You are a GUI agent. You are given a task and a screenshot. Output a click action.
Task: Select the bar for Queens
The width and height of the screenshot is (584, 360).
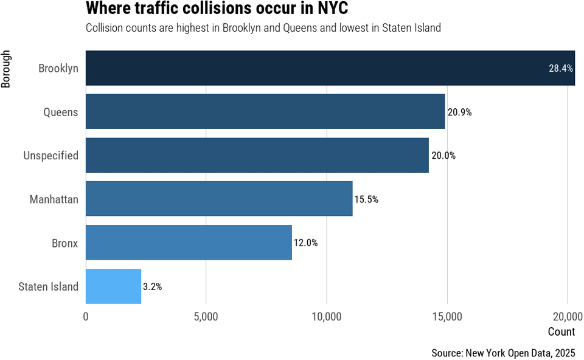click(x=265, y=112)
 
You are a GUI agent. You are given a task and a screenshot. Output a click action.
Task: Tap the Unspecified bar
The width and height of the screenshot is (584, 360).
click(x=257, y=155)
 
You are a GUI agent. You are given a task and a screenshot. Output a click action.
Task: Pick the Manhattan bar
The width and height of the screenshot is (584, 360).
click(x=219, y=199)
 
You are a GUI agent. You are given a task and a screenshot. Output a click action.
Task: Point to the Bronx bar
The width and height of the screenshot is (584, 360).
click(x=189, y=243)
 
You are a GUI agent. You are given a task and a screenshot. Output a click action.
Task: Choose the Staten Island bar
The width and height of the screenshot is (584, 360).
click(x=113, y=286)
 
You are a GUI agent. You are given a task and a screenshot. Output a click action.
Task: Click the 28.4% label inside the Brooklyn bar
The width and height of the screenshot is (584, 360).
click(x=561, y=69)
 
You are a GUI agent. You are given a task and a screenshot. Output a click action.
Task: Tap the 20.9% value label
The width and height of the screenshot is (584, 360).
click(x=460, y=112)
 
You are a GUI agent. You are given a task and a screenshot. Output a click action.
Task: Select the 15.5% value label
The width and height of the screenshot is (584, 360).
click(x=366, y=199)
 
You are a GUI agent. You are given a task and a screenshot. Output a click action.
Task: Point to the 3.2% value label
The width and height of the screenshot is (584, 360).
click(x=152, y=287)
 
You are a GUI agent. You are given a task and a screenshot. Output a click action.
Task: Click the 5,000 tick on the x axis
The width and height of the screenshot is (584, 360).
click(x=206, y=317)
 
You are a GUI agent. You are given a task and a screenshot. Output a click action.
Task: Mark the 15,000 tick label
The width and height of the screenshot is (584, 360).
click(x=447, y=317)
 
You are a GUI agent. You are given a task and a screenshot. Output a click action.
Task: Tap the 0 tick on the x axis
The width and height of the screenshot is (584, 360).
click(x=86, y=317)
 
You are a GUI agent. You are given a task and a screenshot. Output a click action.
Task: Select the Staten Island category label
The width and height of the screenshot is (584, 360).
click(x=49, y=286)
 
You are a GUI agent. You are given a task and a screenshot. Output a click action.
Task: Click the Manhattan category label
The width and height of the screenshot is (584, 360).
click(x=54, y=199)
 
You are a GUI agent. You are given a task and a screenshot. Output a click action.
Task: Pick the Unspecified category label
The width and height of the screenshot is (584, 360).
click(x=51, y=156)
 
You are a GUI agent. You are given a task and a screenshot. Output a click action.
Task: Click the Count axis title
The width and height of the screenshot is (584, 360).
click(x=561, y=332)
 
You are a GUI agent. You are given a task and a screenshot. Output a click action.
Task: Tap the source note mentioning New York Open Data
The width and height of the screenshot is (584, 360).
click(x=503, y=353)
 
